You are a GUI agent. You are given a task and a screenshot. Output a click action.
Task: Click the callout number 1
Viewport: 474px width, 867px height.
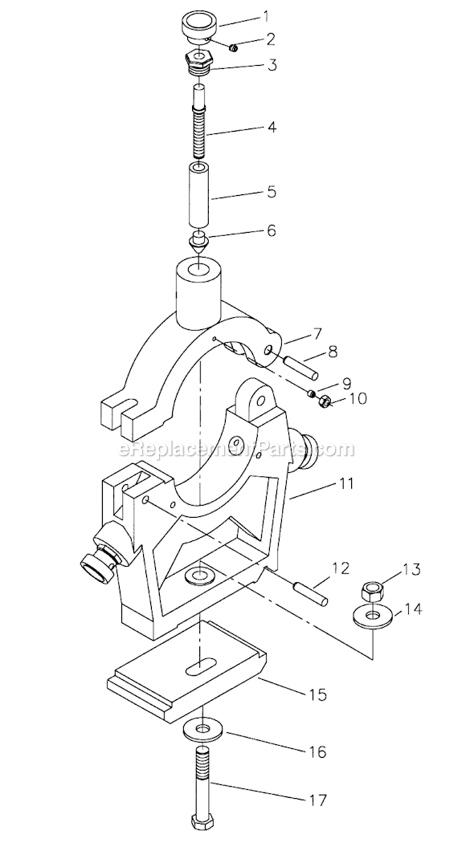[x=266, y=16]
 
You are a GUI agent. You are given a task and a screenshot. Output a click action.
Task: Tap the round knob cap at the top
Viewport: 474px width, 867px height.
[x=200, y=28]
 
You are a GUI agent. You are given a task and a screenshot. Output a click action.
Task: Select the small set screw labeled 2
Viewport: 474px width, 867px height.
[x=234, y=48]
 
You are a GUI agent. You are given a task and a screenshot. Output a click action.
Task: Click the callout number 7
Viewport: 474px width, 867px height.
[x=317, y=333]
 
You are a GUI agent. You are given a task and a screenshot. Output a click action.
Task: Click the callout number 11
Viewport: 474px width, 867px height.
[x=346, y=483]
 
